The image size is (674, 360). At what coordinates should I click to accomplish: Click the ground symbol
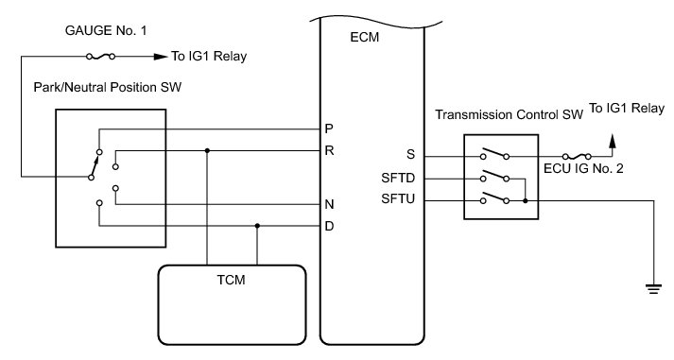(x=653, y=289)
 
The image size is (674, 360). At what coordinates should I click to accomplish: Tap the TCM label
(x=232, y=280)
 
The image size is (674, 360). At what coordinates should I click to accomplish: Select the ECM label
(x=365, y=38)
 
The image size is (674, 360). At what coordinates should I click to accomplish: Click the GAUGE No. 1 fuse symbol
(x=100, y=57)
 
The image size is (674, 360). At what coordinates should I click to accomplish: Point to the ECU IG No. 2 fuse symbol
(x=577, y=156)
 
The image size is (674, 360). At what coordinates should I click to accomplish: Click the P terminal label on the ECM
(x=329, y=129)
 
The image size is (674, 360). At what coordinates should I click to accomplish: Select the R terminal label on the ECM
(x=329, y=151)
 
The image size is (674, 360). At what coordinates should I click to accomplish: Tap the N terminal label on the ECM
(x=329, y=204)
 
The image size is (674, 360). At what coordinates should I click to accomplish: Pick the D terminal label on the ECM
(x=329, y=226)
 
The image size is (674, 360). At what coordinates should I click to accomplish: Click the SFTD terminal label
(x=398, y=178)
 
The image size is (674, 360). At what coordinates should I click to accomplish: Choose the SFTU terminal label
(x=398, y=199)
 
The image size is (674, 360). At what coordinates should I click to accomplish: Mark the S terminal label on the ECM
(x=411, y=155)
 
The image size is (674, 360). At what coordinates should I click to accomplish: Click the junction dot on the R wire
(x=207, y=151)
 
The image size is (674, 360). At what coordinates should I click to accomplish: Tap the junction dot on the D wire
(x=257, y=226)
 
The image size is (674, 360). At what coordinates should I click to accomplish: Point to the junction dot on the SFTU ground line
(x=526, y=200)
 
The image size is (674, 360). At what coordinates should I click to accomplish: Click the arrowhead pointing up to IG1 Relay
(x=613, y=142)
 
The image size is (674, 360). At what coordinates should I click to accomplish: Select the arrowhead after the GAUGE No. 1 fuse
(x=161, y=57)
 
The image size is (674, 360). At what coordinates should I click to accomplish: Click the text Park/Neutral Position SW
(x=108, y=87)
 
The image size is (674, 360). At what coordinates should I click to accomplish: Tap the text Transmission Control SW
(x=509, y=114)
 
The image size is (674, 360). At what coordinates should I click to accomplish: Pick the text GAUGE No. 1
(x=106, y=30)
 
